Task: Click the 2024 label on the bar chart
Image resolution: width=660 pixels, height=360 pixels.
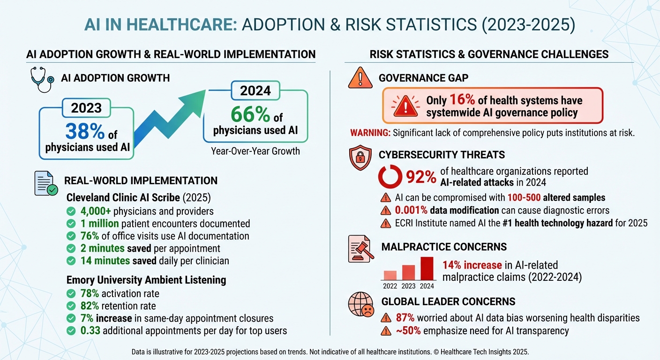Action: (x=427, y=286)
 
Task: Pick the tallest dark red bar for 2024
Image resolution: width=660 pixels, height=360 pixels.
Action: (x=427, y=268)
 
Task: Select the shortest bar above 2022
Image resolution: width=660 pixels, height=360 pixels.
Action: (x=390, y=275)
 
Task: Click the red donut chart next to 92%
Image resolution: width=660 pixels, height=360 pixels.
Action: (x=390, y=177)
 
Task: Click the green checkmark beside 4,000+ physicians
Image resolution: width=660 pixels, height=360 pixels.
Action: (x=71, y=211)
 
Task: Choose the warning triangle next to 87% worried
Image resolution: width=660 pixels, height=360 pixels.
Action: (x=386, y=318)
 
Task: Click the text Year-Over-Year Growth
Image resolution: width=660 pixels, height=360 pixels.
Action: (x=255, y=151)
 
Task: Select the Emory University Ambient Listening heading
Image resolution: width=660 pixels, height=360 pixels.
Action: (x=146, y=280)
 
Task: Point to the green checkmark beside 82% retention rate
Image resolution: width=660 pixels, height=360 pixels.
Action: (x=71, y=306)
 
